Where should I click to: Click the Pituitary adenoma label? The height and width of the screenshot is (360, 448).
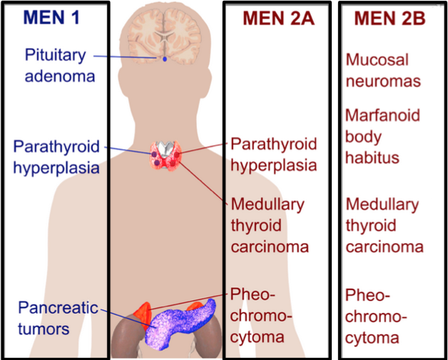coord(55,64)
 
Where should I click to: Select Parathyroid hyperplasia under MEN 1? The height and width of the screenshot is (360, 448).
coord(55,158)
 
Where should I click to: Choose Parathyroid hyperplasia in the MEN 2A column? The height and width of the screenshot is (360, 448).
coord(273,155)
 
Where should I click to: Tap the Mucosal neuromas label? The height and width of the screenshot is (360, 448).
coord(383,70)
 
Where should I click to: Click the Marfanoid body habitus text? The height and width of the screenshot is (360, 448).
coord(382,135)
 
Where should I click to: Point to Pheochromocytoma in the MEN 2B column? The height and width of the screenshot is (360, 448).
coord(376,315)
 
